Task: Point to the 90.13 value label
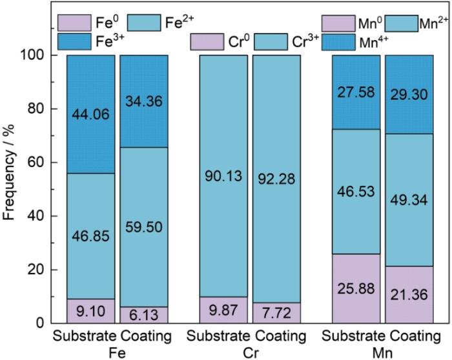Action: tap(223, 176)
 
